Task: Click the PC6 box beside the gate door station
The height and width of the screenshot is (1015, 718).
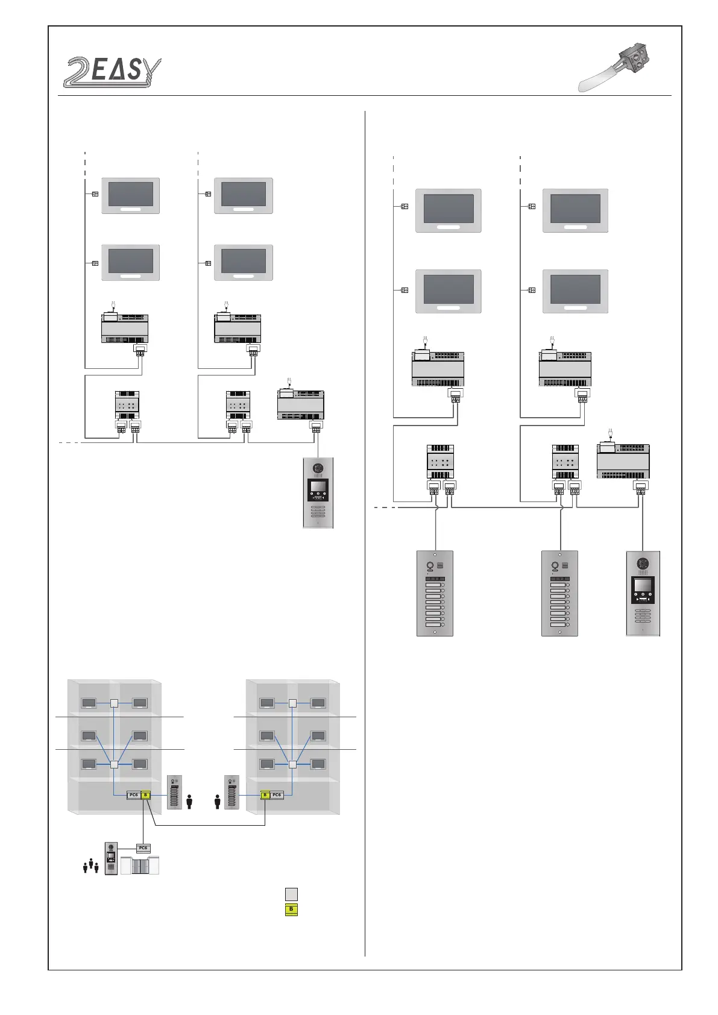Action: point(143,847)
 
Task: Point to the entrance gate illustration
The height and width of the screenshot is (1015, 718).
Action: point(140,866)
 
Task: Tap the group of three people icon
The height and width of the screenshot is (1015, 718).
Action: point(90,866)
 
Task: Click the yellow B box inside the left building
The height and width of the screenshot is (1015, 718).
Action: point(145,795)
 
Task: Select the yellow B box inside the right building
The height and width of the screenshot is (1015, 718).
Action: point(264,795)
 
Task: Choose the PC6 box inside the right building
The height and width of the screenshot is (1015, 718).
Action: point(277,795)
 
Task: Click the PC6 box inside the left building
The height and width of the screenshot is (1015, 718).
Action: point(133,795)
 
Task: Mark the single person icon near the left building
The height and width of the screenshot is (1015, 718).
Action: point(190,802)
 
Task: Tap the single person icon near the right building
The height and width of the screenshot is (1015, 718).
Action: point(218,802)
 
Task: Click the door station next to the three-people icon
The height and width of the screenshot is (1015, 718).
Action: point(111,858)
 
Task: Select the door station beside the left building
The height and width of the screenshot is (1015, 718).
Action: point(174,792)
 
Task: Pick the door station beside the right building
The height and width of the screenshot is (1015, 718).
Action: point(231,792)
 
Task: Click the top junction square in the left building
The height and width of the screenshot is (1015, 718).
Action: point(114,702)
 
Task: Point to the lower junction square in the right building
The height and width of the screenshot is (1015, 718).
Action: point(292,765)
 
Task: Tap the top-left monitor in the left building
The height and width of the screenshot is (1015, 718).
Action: point(89,703)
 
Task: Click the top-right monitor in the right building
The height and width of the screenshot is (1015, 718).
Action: point(318,703)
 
